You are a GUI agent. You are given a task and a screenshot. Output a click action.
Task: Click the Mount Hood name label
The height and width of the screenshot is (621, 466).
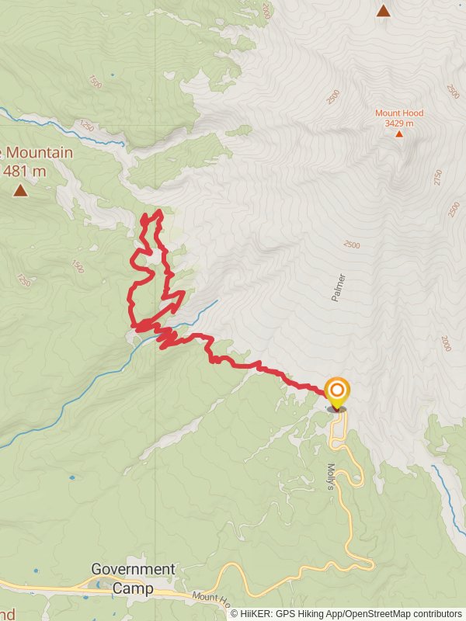pos(399,113)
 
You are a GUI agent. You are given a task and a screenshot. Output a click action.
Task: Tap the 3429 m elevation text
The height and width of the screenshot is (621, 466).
pos(399,123)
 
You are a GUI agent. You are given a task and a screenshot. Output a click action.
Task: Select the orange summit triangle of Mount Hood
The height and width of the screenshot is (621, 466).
pos(399,134)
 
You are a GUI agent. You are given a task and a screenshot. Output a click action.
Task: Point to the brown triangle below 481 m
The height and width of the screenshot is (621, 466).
pos(19,189)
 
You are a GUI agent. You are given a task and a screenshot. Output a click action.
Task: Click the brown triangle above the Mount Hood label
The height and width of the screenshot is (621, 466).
pos(383,10)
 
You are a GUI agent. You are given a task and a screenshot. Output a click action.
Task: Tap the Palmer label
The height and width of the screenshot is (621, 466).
pos(339,287)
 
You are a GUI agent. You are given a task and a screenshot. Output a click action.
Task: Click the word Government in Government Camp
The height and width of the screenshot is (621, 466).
pos(133,569)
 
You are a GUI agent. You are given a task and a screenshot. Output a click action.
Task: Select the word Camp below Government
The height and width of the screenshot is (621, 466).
pos(133,588)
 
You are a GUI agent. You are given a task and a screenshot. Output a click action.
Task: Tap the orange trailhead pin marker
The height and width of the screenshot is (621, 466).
pos(337,393)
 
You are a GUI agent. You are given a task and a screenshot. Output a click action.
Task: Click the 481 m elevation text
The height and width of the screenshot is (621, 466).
pos(26,170)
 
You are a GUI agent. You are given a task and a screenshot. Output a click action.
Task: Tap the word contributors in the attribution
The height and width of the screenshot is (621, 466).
pos(438,613)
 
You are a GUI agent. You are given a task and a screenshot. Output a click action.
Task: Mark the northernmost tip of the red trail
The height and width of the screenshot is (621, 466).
pos(159,211)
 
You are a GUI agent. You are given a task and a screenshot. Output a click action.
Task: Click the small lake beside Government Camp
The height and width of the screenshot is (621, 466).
pos(99,584)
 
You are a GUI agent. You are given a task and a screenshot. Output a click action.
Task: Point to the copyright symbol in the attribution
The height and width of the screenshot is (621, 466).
pos(235,613)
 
